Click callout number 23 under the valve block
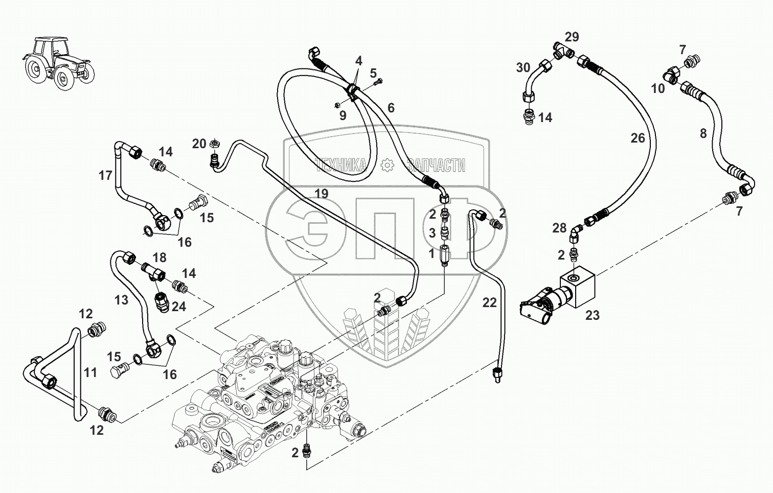[x=592, y=316]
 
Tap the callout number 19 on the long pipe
[x=321, y=194]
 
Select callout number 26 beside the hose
[x=638, y=138]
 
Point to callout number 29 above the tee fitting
[x=572, y=37]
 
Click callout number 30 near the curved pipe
[x=523, y=67]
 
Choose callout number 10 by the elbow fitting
[x=658, y=88]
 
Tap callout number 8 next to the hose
[x=703, y=134]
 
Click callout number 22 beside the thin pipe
[x=489, y=303]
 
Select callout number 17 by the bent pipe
[x=105, y=176]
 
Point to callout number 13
[x=121, y=299]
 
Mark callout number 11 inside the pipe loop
[x=90, y=372]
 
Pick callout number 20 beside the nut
[x=199, y=144]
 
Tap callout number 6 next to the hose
[x=391, y=108]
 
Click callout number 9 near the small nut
[x=343, y=116]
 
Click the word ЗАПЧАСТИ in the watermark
[x=436, y=165]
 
